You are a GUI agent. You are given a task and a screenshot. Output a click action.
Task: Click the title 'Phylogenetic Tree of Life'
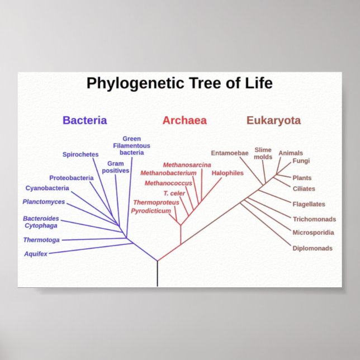pos(179,84)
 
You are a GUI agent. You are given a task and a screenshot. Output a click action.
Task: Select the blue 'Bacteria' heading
pos(84,120)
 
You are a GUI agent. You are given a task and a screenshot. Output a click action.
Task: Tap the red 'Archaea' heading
pos(184,120)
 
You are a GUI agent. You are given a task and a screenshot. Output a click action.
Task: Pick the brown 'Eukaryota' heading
pos(273,120)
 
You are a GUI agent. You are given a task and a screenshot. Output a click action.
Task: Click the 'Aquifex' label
pos(36,254)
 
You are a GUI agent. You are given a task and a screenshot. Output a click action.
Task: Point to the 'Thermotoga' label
pos(41,240)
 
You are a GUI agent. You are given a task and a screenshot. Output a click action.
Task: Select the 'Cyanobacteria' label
pos(47,188)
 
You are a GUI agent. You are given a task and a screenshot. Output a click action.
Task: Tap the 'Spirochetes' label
pos(80,154)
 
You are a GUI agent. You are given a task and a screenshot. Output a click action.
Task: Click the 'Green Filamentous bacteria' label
pos(132,145)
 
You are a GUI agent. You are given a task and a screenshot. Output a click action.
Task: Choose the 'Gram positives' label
pos(116,167)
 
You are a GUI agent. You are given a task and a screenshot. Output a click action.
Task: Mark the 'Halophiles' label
pos(228,173)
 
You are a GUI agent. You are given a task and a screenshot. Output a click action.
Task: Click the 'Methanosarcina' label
pos(187,165)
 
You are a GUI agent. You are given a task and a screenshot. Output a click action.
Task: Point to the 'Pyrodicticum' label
pos(151,211)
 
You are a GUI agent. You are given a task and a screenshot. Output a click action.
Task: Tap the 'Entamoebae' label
pos(229,153)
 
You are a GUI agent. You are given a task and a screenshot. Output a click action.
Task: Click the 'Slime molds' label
pos(263,153)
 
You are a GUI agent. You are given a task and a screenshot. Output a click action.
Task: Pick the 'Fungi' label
pos(301,161)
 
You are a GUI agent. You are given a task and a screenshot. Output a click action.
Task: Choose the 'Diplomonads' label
pos(312,248)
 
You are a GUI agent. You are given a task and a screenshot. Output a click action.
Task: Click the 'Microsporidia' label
pos(313,233)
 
